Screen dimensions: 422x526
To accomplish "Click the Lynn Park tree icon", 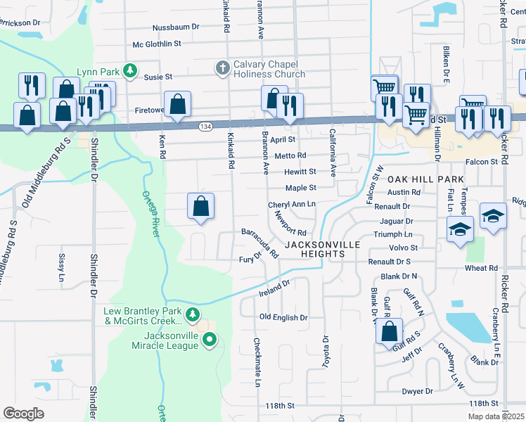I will pos(129,70).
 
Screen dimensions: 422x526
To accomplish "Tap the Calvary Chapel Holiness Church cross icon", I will pos(222,68).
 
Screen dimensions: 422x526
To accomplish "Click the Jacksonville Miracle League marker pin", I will pos(210,340).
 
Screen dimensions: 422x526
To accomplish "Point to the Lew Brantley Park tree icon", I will pos(192,314).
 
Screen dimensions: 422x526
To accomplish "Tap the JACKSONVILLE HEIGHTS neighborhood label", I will pos(322,249).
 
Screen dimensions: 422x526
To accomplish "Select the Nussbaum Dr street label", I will pos(177,27).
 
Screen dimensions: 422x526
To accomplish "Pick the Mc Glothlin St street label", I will pos(157,44).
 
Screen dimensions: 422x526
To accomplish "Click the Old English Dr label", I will pos(283,318).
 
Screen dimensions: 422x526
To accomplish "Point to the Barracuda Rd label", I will pos(260,241).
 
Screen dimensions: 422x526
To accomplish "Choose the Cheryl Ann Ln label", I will pos(291,205).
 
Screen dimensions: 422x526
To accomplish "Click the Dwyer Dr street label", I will pos(418,391).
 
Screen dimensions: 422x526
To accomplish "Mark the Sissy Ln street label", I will pos(62,264).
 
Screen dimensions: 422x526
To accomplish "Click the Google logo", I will pos(24,414).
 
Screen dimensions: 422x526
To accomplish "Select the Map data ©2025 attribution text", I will pos(495,416).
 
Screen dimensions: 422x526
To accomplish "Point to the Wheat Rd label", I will pos(481,268).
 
